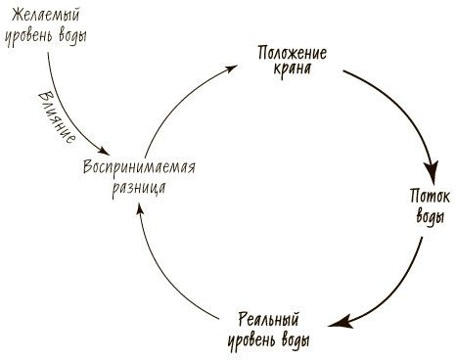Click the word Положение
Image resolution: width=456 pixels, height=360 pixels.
(292, 52)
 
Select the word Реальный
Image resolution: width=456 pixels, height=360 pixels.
(268, 321)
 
